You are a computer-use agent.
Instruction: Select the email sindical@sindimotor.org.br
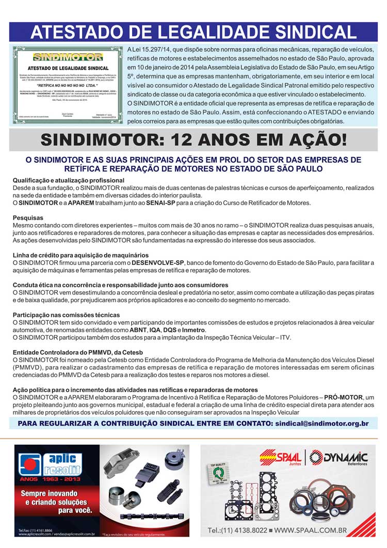(321, 424)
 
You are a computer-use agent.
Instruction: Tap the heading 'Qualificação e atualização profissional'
(69, 180)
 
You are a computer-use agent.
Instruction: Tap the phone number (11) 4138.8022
(238, 530)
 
